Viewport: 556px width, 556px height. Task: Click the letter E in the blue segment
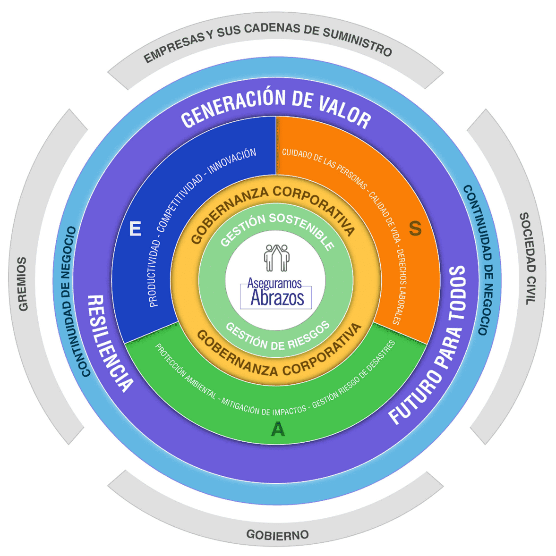[x=135, y=229]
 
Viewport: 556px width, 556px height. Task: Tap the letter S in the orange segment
[x=415, y=228]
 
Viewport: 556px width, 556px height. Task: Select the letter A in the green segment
[x=278, y=429]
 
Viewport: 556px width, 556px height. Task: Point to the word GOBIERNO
[x=277, y=535]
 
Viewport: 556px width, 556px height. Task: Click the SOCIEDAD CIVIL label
[x=528, y=258]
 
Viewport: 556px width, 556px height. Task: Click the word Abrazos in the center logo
[x=277, y=299]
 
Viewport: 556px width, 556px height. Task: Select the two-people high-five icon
[x=277, y=258]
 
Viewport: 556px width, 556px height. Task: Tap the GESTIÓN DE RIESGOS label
[x=277, y=337]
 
